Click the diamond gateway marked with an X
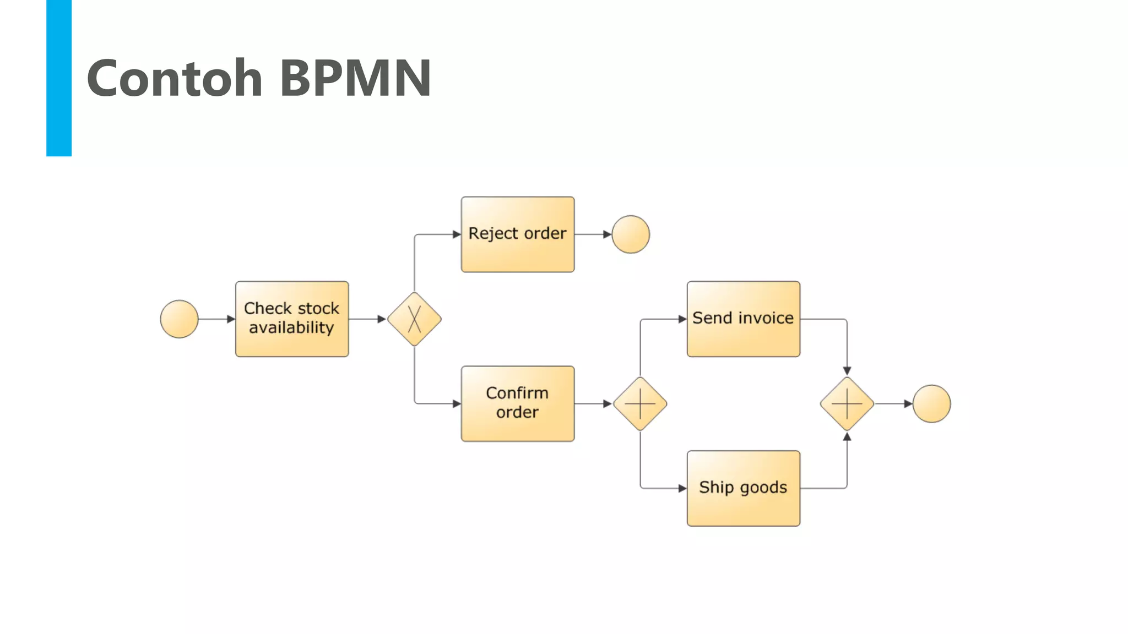click(x=414, y=319)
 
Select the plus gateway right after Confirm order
click(x=640, y=404)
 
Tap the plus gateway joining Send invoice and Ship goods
click(x=847, y=404)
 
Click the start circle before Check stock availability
click(x=179, y=319)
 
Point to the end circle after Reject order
click(x=631, y=234)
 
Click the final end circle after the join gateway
click(x=931, y=404)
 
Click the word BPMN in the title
click(x=355, y=78)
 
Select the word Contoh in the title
click(x=175, y=78)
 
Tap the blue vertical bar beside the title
click(x=59, y=78)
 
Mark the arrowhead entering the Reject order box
click(x=457, y=234)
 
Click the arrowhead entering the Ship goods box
click(x=682, y=488)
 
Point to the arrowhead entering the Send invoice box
click(x=682, y=319)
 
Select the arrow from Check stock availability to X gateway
click(x=366, y=319)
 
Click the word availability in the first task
click(x=291, y=328)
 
